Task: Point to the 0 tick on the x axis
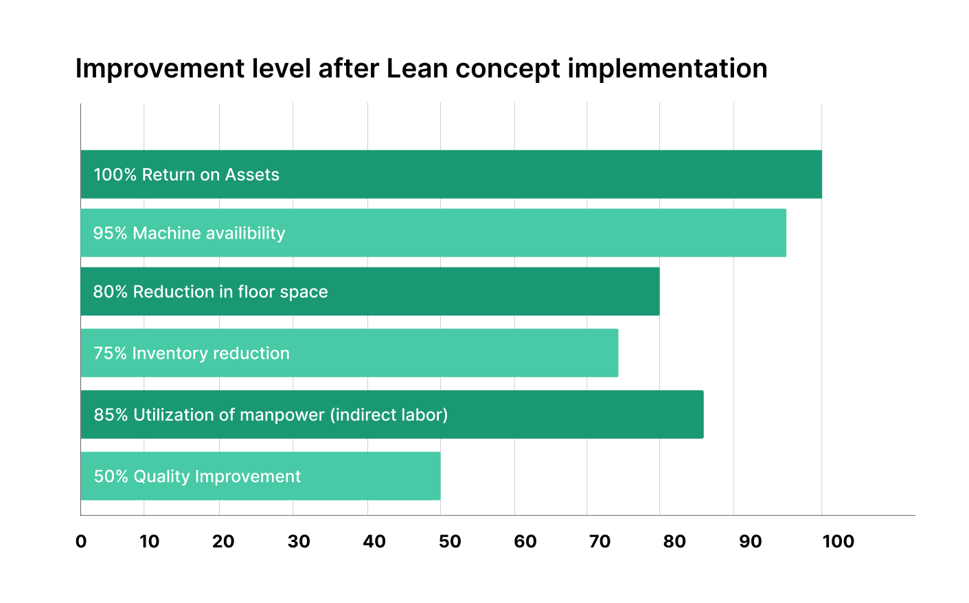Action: tap(81, 541)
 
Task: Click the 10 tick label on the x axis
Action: tap(149, 541)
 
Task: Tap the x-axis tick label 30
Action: tap(299, 541)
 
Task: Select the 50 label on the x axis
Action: tap(450, 541)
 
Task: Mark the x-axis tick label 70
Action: tap(600, 541)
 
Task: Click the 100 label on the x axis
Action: tap(838, 541)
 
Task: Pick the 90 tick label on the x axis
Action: tap(750, 541)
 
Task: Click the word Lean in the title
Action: tap(417, 69)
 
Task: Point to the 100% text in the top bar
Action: tap(115, 175)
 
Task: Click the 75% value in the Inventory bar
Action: tap(110, 353)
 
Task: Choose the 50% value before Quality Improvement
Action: tap(111, 477)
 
